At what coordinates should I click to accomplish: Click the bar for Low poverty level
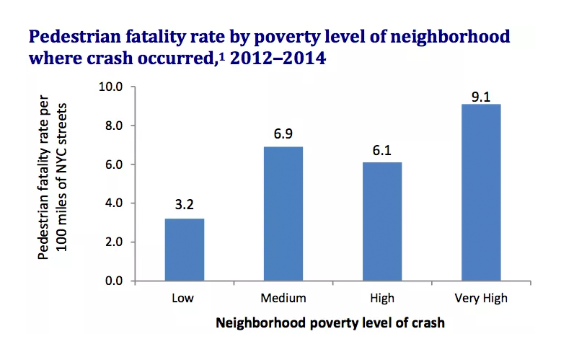click(x=185, y=249)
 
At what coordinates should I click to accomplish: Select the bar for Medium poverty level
click(x=283, y=214)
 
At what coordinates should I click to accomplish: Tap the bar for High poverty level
click(x=382, y=221)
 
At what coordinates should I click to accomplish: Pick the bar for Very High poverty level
click(x=481, y=192)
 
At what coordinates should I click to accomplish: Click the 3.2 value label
click(x=185, y=204)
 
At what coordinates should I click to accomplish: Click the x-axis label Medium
click(x=283, y=298)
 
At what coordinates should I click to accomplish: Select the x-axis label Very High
click(x=481, y=298)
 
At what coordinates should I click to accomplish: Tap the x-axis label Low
click(x=185, y=298)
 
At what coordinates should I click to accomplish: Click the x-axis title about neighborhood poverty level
click(x=330, y=323)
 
